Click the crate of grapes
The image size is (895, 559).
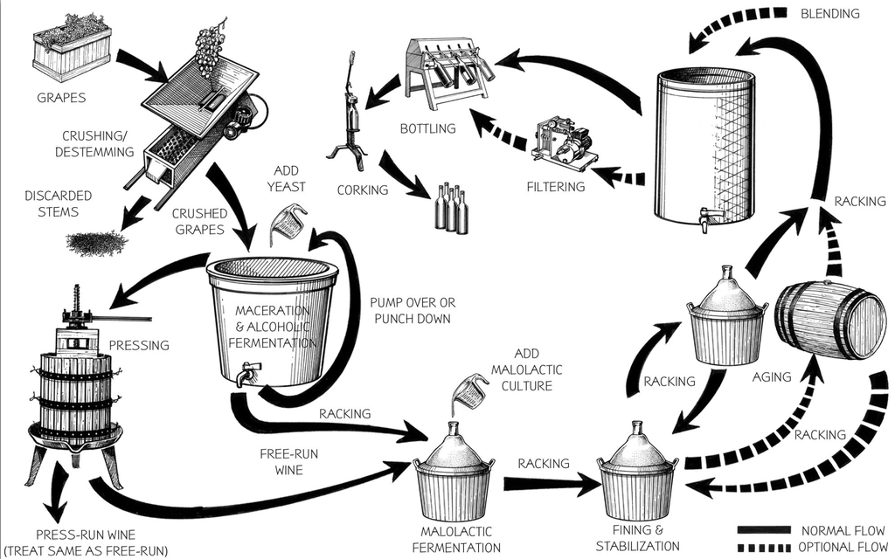tap(72, 50)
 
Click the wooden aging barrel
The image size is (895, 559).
tap(831, 321)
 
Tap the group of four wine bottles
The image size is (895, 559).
tap(450, 208)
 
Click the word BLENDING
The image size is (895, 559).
tap(829, 14)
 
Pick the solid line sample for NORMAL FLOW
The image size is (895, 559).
tap(760, 530)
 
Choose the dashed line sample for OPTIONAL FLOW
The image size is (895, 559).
tap(760, 547)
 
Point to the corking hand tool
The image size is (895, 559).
tap(347, 114)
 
